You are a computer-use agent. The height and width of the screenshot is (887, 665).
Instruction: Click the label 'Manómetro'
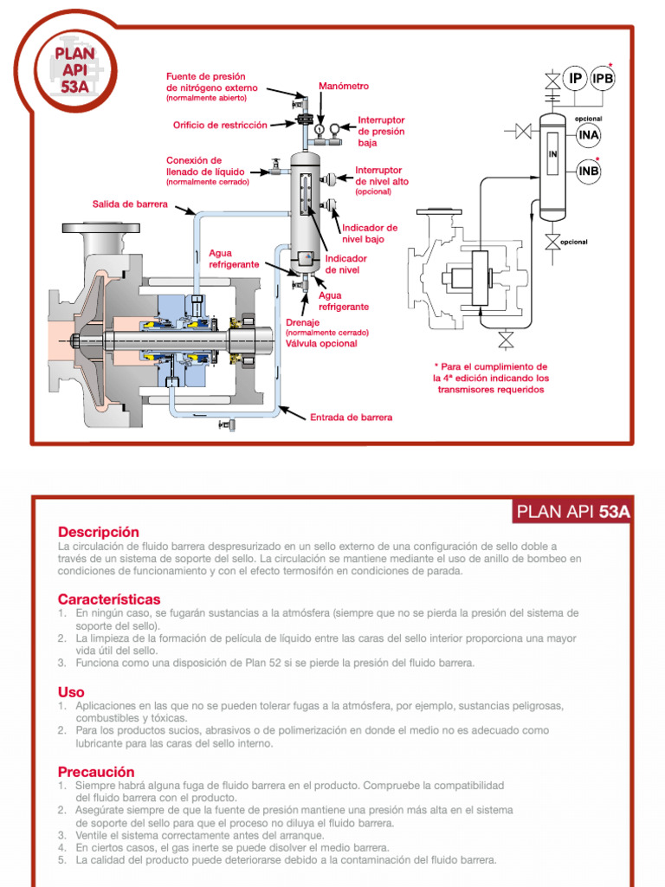pyautogui.click(x=344, y=87)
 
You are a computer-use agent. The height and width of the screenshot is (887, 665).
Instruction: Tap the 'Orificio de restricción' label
pyautogui.click(x=220, y=125)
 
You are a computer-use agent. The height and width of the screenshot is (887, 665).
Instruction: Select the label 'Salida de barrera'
pyautogui.click(x=131, y=204)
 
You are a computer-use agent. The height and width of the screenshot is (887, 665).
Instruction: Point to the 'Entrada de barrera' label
pyautogui.click(x=351, y=417)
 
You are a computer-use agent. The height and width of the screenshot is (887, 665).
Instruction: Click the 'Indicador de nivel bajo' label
pyautogui.click(x=370, y=233)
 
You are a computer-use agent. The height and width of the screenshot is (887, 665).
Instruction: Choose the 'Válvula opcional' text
pyautogui.click(x=321, y=343)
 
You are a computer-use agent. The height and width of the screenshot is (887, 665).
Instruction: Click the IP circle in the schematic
pyautogui.click(x=574, y=80)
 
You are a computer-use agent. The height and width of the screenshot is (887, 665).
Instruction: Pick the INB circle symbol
pyautogui.click(x=589, y=171)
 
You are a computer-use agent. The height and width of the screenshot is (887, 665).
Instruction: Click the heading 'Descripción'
pyautogui.click(x=98, y=531)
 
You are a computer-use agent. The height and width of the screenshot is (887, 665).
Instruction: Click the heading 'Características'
pyautogui.click(x=109, y=599)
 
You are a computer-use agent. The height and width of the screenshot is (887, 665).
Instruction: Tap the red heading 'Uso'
pyautogui.click(x=71, y=692)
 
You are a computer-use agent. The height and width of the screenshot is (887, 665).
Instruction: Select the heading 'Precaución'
pyautogui.click(x=96, y=771)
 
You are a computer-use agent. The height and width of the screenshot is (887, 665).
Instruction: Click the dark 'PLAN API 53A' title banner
pyautogui.click(x=571, y=511)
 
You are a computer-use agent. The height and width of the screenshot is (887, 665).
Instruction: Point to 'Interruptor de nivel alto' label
pyautogui.click(x=382, y=177)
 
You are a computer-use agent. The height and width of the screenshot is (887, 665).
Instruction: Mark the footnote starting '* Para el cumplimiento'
pyautogui.click(x=490, y=378)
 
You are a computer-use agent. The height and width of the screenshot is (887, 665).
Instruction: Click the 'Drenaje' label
pyautogui.click(x=303, y=322)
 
